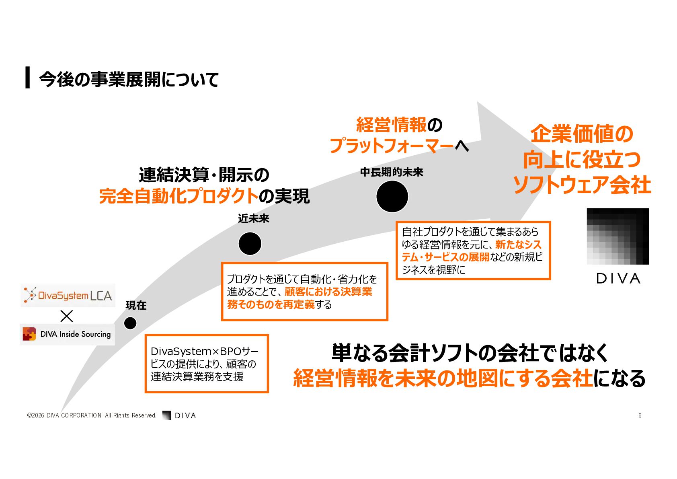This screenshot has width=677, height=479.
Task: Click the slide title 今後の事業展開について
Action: pyautogui.click(x=129, y=79)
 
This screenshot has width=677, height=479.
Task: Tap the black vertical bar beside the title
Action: pyautogui.click(x=28, y=77)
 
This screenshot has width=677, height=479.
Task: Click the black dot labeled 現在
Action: pyautogui.click(x=130, y=323)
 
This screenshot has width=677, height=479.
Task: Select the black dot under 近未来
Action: pyautogui.click(x=250, y=244)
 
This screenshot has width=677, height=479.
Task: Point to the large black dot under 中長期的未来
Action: pyautogui.click(x=392, y=197)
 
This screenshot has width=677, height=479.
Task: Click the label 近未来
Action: pyautogui.click(x=253, y=219)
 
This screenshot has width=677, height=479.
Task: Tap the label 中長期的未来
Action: pyautogui.click(x=392, y=173)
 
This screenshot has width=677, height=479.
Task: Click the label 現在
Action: pyautogui.click(x=136, y=305)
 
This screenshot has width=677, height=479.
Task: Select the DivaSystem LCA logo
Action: pyautogui.click(x=68, y=296)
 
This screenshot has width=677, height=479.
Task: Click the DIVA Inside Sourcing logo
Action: pyautogui.click(x=67, y=334)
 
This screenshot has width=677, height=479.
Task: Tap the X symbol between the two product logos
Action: pyautogui.click(x=66, y=316)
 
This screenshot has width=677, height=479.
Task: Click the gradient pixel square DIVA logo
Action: pyautogui.click(x=618, y=236)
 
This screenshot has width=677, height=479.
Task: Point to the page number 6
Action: pyautogui.click(x=640, y=415)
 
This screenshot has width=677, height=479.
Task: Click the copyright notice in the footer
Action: pyautogui.click(x=92, y=415)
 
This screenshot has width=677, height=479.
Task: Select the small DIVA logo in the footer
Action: pyautogui.click(x=179, y=415)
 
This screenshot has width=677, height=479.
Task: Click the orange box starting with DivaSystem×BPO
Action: pyautogui.click(x=207, y=364)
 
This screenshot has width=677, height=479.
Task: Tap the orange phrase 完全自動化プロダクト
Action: pyautogui.click(x=179, y=196)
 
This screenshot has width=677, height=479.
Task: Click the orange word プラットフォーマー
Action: pyautogui.click(x=392, y=146)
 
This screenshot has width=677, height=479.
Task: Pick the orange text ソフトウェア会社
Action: pyautogui.click(x=582, y=185)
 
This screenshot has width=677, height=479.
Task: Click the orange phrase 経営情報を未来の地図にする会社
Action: pyautogui.click(x=443, y=378)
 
